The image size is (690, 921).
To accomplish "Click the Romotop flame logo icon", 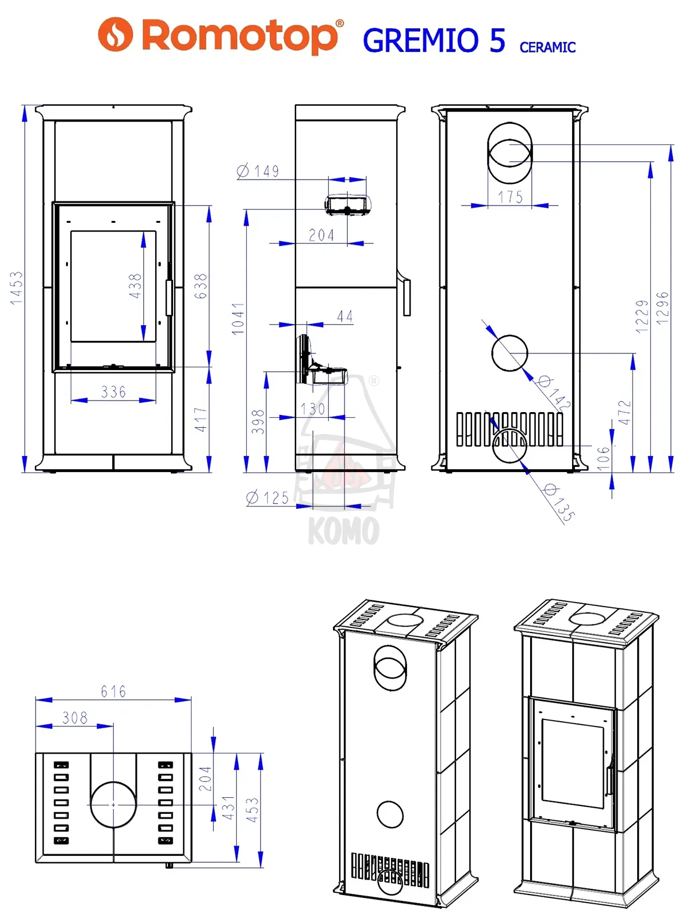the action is click(x=115, y=34).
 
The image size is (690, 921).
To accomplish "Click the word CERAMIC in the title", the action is click(x=547, y=47).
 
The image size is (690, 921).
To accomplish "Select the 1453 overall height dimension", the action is click(x=17, y=288).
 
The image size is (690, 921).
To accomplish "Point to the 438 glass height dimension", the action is click(x=135, y=286).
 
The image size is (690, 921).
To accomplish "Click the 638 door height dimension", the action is click(x=201, y=286).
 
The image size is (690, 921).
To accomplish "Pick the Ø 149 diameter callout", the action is click(x=258, y=171).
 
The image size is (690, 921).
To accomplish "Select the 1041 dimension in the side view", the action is click(x=238, y=318).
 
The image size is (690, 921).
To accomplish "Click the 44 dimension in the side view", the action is click(x=345, y=316).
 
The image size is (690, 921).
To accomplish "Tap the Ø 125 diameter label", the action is click(x=268, y=498).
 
